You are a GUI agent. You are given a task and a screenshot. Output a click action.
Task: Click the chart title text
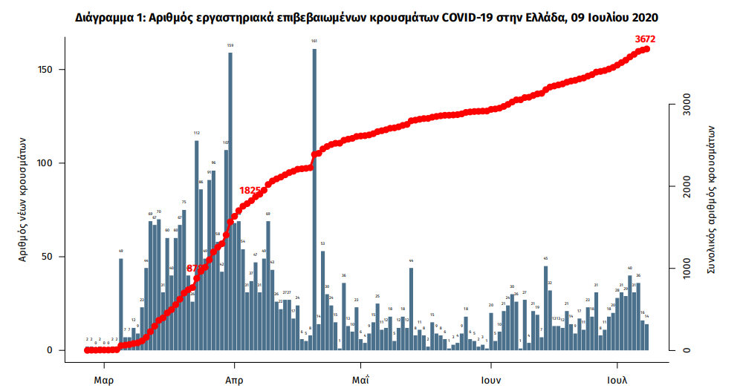[366, 16]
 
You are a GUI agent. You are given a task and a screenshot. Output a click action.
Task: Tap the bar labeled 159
[230, 200]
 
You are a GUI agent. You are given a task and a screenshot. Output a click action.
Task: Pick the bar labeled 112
[196, 245]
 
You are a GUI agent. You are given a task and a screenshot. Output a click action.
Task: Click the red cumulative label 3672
[645, 39]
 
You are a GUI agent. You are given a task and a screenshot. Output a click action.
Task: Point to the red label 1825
[250, 191]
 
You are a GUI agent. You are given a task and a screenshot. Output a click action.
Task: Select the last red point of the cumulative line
[647, 49]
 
